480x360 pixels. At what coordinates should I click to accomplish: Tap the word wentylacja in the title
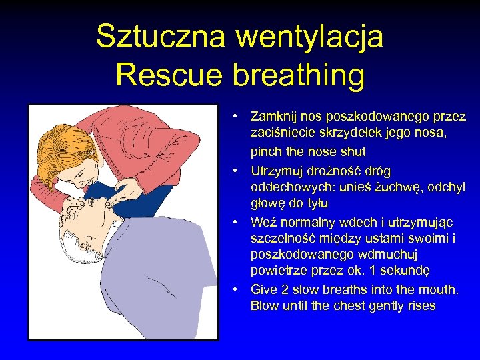click(x=309, y=37)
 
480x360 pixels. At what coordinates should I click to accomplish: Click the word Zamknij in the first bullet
click(x=274, y=117)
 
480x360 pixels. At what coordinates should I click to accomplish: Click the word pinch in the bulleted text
click(x=266, y=152)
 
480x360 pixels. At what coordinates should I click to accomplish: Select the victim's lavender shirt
click(x=167, y=280)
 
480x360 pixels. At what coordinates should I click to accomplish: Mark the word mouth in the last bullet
click(x=439, y=289)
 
